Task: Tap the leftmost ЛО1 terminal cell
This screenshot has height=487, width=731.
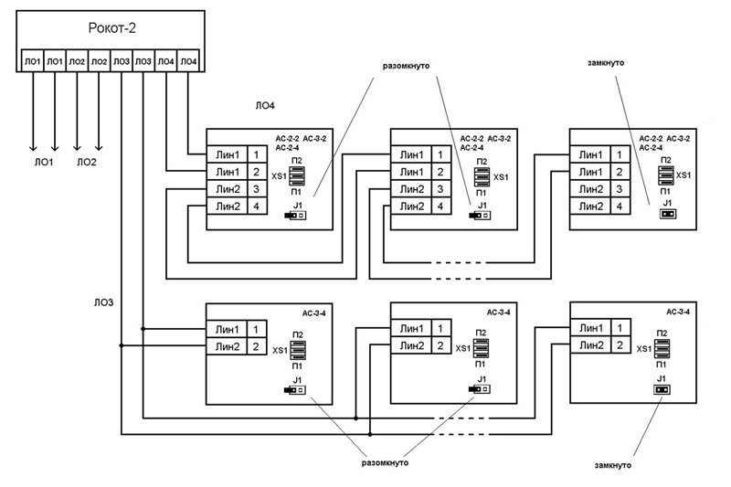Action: coord(33,61)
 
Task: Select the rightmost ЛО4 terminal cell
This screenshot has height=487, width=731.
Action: coord(187,61)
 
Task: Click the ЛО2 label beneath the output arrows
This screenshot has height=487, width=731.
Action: coord(88,162)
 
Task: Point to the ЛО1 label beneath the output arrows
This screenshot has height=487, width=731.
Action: coord(44,162)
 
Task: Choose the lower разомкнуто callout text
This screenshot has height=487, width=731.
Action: coord(377,462)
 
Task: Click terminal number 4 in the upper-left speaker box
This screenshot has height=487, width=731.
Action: coord(257,206)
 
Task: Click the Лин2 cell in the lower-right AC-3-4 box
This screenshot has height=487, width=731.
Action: coord(589,345)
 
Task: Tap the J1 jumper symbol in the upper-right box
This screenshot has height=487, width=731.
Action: coord(666,216)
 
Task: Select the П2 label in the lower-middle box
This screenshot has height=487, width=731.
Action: coord(480,333)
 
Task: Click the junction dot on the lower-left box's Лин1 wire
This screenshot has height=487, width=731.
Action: coord(143,329)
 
